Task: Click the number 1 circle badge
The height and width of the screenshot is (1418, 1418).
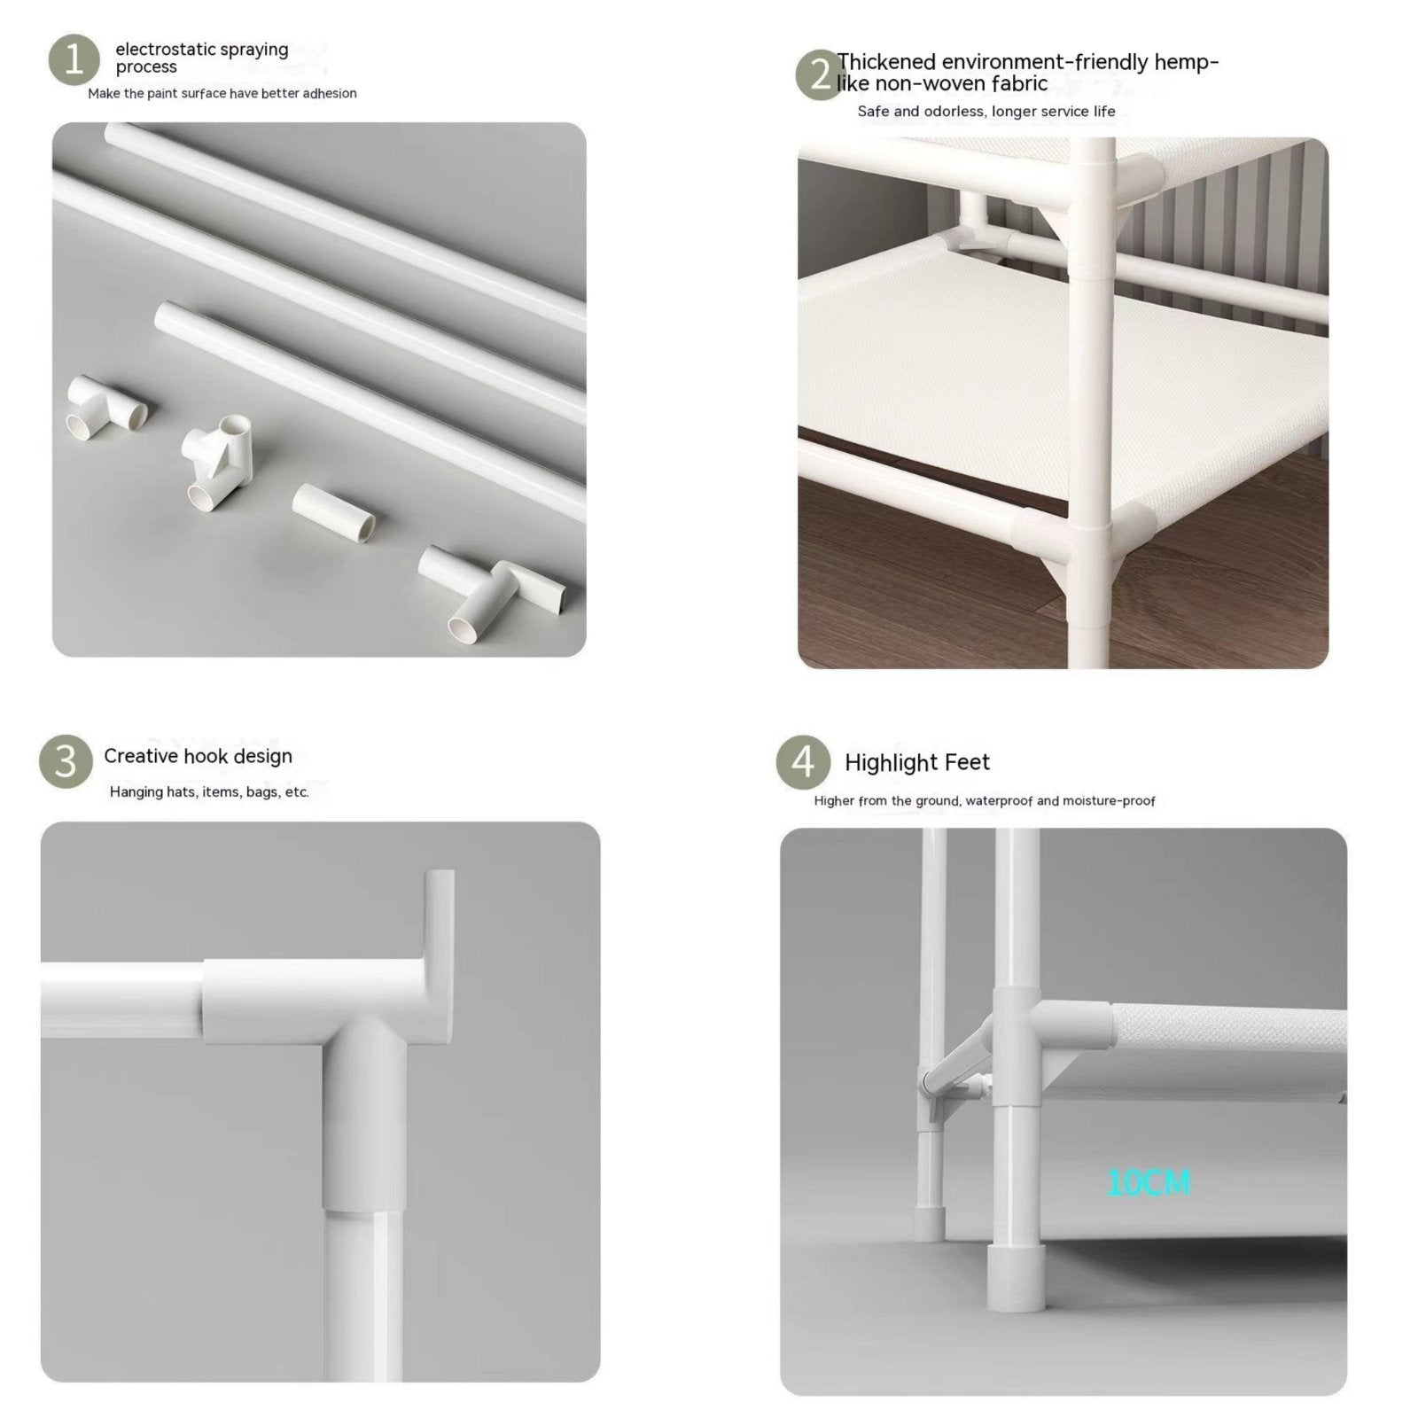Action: point(74,60)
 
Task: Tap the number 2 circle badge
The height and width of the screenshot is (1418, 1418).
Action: point(821,74)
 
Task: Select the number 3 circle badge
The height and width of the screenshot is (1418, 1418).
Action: point(66,761)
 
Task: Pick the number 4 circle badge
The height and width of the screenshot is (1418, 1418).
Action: point(803,762)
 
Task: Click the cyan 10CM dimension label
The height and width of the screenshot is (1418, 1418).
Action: point(1149,1182)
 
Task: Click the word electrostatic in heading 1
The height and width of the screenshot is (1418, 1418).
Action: point(166,50)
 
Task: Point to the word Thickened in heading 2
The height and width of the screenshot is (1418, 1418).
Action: point(886,62)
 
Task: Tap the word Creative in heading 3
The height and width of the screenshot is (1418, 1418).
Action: point(140,756)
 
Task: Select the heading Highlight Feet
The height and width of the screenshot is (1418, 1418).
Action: point(916,762)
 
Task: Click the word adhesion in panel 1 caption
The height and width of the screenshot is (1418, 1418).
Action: point(330,93)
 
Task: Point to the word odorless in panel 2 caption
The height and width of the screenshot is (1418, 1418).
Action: point(954,112)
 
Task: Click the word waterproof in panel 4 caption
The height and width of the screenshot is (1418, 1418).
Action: point(999,801)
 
